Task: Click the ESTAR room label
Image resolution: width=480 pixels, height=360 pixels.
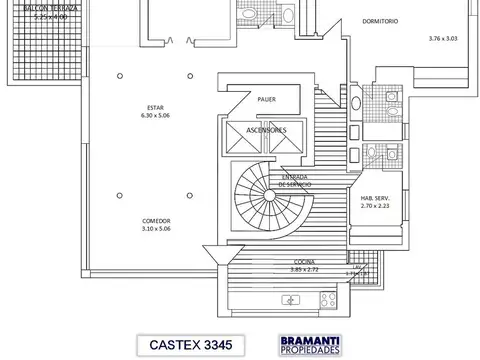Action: coord(155,106)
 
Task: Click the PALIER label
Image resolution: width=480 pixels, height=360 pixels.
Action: coord(266,100)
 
